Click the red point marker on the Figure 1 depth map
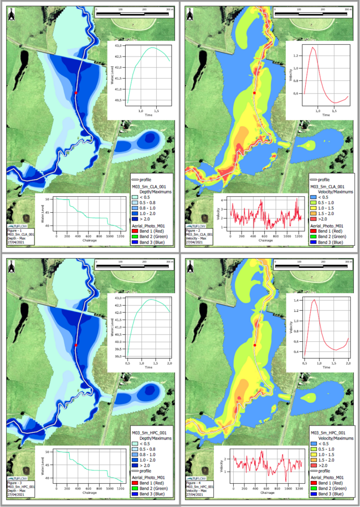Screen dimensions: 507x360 pyautogui.click(x=76, y=94)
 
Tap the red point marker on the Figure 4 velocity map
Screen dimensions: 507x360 pyautogui.click(x=255, y=345)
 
